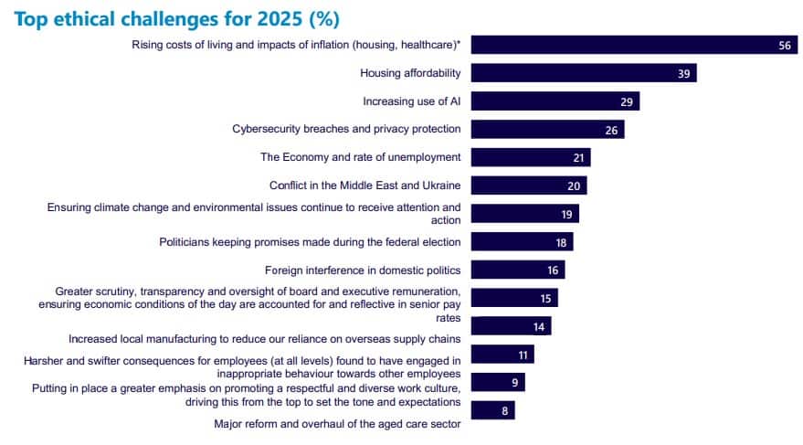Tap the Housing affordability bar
pos(584,74)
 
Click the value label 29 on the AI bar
pos(626,101)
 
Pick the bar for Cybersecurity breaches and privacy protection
pos(549,130)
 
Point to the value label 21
pos(578,158)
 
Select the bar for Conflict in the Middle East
pos(529,185)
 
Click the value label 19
pos(566,214)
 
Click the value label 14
pos(539,326)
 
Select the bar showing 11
pos(502,355)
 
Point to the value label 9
pos(515,383)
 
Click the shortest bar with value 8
pos(493,410)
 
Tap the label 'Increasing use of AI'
pos(411,101)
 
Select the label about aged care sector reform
pos(337,424)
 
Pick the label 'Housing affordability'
pos(410,73)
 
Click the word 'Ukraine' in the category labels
pos(438,185)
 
